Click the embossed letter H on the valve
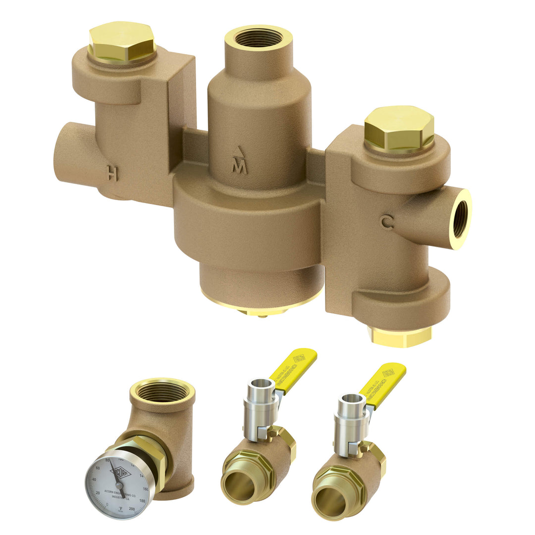(x=112, y=173)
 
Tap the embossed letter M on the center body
(x=240, y=167)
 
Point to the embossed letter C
(x=387, y=222)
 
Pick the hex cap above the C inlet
(x=399, y=128)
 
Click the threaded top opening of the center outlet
(x=258, y=38)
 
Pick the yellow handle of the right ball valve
(x=382, y=384)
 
